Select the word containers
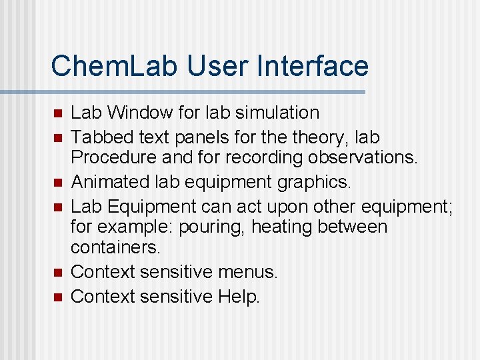point(115,248)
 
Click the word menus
point(252,272)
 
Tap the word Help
point(239,297)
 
